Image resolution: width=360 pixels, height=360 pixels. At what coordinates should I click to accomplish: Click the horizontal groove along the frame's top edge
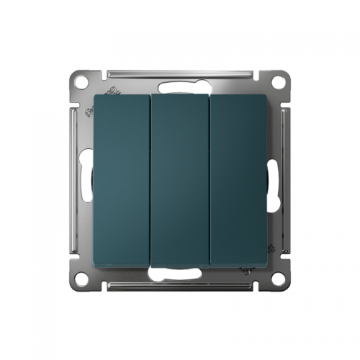point(180,73)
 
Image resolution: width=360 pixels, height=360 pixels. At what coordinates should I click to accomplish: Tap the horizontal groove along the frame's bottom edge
point(180,287)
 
